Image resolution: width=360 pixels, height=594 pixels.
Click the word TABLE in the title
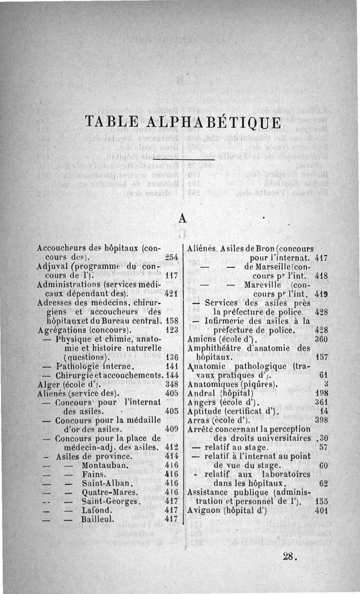111,122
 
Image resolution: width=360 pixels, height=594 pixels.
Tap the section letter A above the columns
182,218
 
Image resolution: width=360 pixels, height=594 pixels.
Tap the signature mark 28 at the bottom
290,556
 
